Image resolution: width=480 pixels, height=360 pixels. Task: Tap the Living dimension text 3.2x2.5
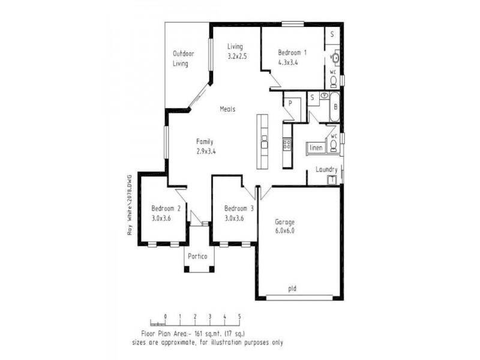click(238, 56)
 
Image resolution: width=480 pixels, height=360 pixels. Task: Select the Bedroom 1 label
click(292, 52)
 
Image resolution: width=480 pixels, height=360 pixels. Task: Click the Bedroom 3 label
click(239, 208)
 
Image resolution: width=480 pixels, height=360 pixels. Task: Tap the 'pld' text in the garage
click(292, 289)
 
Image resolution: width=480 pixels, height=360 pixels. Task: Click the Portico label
click(197, 257)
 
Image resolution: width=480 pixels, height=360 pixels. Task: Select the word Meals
click(227, 109)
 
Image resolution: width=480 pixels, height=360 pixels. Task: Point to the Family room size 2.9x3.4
click(206, 151)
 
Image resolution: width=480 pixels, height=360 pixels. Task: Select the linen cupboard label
click(316, 148)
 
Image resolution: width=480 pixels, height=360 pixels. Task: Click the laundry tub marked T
click(331, 179)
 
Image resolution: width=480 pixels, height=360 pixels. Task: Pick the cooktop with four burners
click(287, 144)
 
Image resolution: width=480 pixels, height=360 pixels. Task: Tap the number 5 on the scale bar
click(239, 316)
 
